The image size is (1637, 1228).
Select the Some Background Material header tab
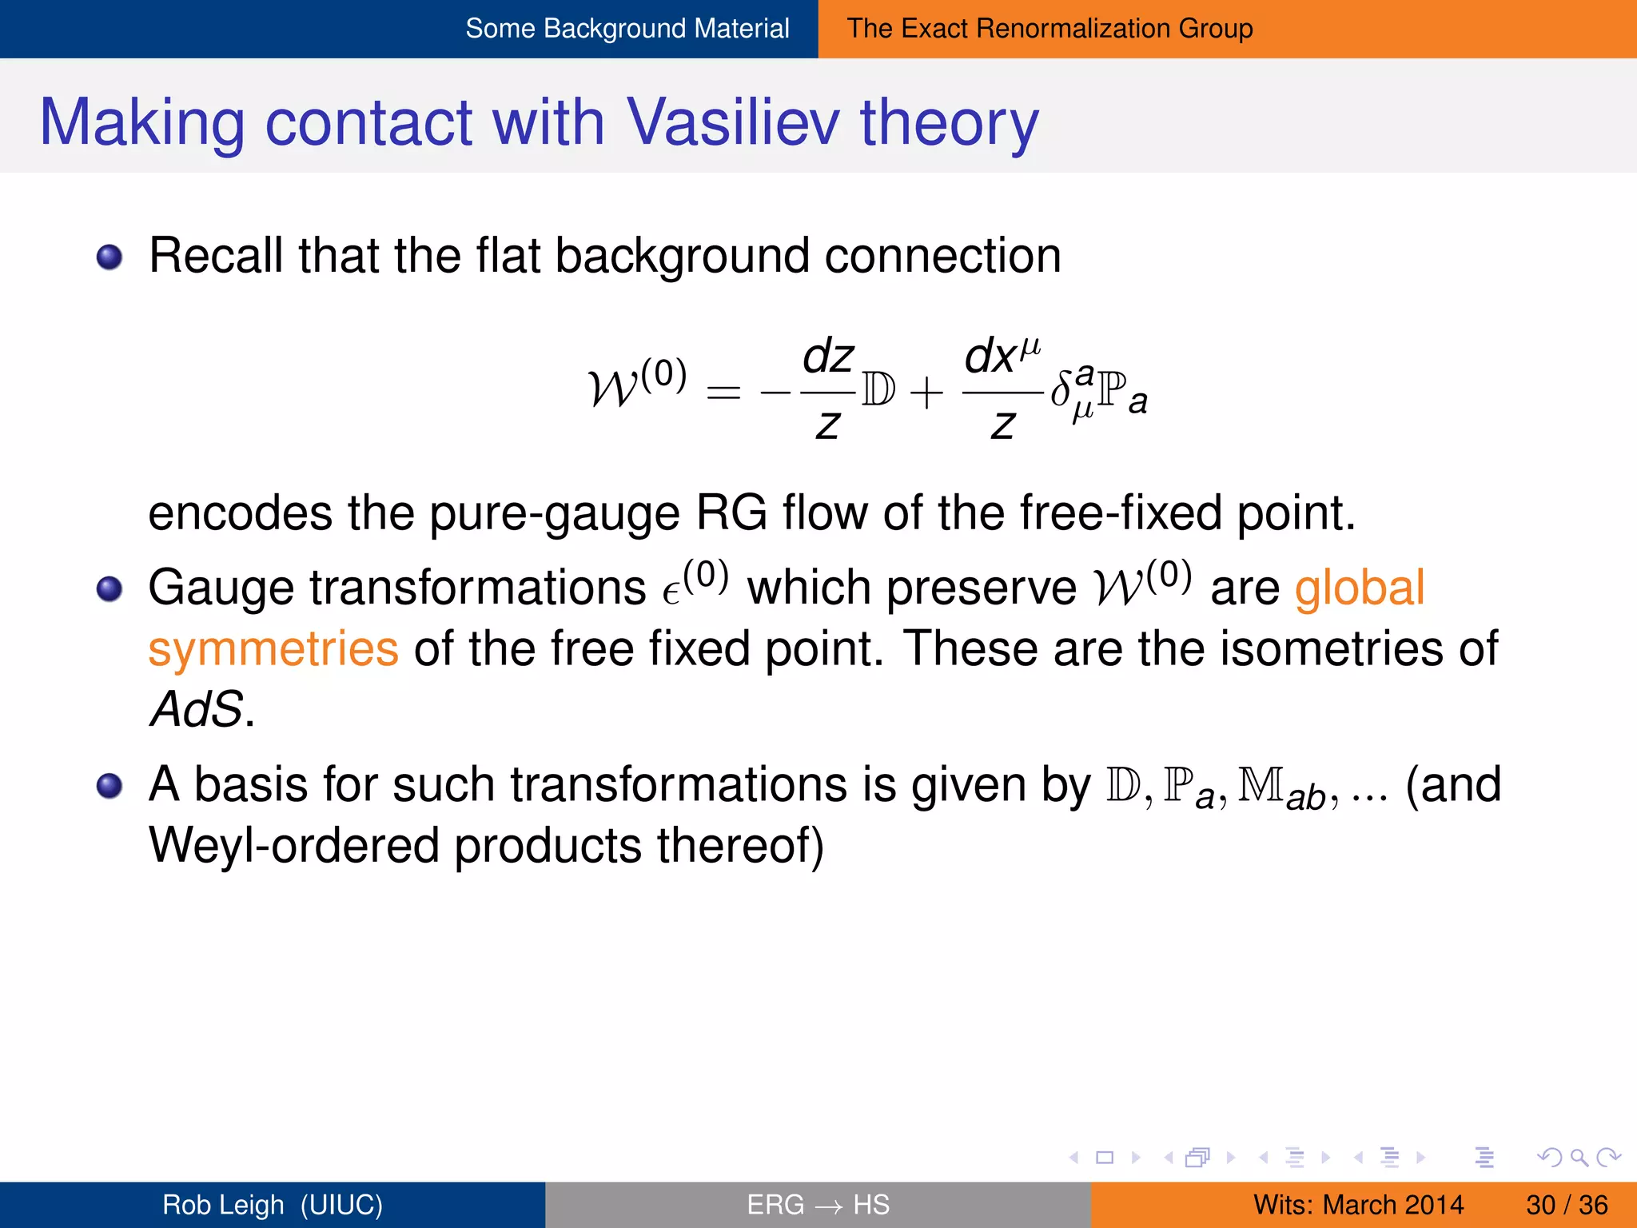(x=627, y=29)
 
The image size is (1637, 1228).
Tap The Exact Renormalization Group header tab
(x=1050, y=29)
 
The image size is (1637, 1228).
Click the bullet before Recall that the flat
(x=110, y=257)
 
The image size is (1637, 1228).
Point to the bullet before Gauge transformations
(x=110, y=590)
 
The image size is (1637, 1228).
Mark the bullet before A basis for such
(x=110, y=786)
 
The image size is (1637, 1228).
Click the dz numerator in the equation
(x=828, y=357)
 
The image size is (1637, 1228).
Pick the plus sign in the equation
(x=926, y=393)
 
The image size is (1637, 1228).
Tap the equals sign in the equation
(x=723, y=393)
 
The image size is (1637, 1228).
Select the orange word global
(x=1359, y=588)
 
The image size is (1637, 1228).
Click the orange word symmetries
(x=273, y=649)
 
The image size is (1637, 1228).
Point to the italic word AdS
(x=197, y=708)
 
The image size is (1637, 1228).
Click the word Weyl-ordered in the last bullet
(x=294, y=846)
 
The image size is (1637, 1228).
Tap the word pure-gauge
(x=554, y=513)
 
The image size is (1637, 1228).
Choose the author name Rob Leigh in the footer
(x=223, y=1205)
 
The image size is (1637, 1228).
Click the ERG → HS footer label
(x=818, y=1205)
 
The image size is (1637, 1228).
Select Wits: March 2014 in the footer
(x=1358, y=1205)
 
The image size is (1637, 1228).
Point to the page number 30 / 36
(x=1567, y=1205)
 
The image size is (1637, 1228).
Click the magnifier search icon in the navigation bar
(x=1579, y=1157)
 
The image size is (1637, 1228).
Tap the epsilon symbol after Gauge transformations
(x=671, y=593)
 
